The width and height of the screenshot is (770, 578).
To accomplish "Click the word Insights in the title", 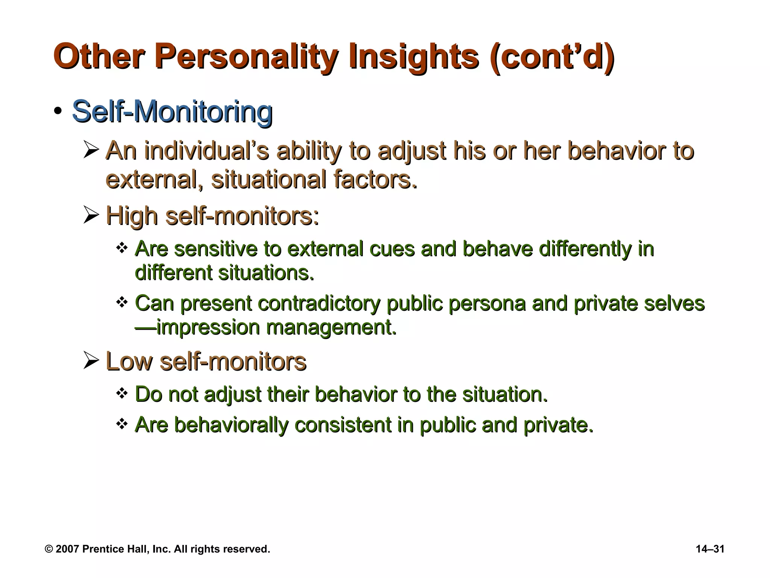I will point(414,57).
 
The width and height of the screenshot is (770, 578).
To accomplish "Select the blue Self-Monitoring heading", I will point(172,111).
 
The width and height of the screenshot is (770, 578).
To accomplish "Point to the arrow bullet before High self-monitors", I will point(91,216).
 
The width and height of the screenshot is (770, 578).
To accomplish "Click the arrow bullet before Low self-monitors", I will point(91,360).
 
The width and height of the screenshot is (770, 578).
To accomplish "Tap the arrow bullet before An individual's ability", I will point(91,151).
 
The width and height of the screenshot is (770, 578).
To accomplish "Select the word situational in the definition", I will point(269,179).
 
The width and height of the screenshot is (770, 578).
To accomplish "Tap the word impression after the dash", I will point(208,327).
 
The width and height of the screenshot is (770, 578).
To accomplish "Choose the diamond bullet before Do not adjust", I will point(122,394).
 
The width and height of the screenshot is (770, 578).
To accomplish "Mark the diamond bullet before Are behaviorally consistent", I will point(122,424).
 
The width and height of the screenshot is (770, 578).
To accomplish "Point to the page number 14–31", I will point(710,549).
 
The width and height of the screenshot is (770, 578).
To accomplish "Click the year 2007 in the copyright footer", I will point(67,549).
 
